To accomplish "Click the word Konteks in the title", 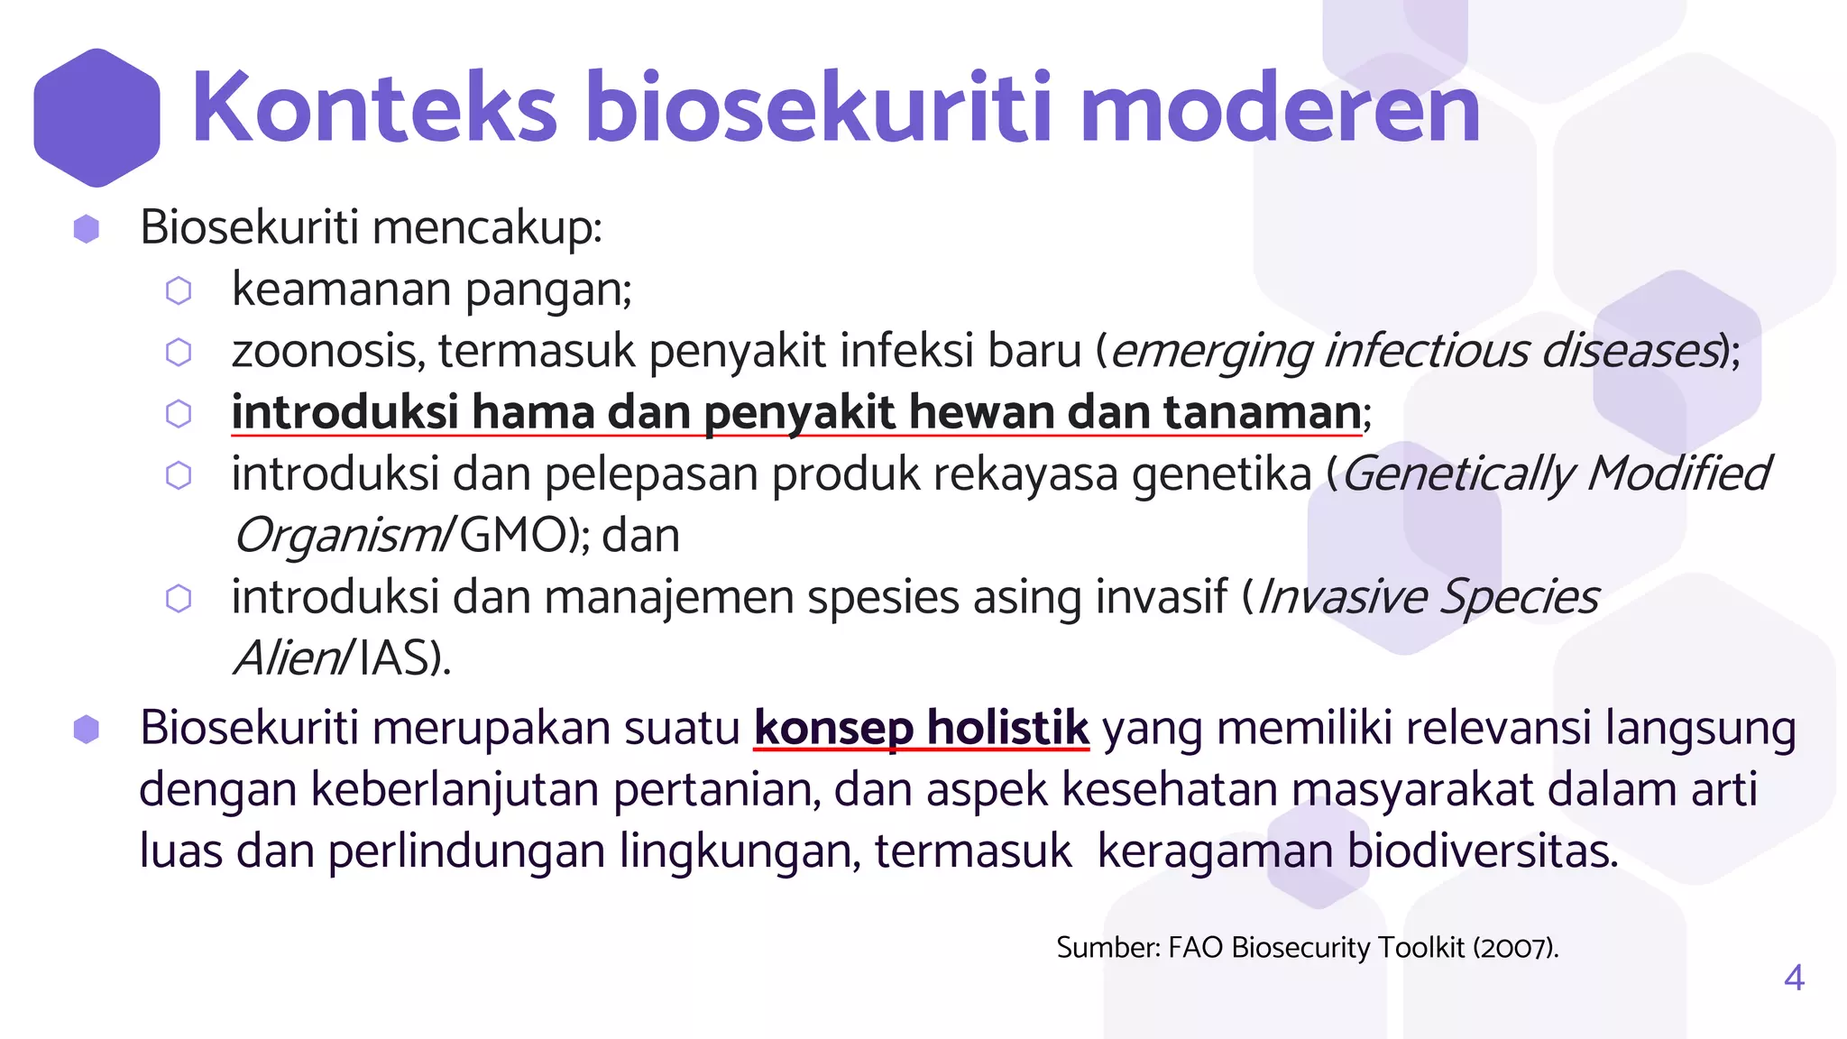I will (x=374, y=108).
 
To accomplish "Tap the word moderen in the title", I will (x=1280, y=108).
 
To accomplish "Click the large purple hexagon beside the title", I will (x=97, y=117).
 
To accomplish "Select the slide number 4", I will (x=1794, y=978).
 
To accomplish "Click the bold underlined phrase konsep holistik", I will (x=922, y=728).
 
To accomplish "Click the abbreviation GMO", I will (x=513, y=536).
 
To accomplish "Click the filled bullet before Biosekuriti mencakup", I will (x=87, y=229).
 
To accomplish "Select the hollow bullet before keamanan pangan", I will (x=179, y=290).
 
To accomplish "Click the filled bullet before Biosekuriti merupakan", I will (x=87, y=730).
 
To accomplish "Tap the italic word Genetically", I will (x=1457, y=474).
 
